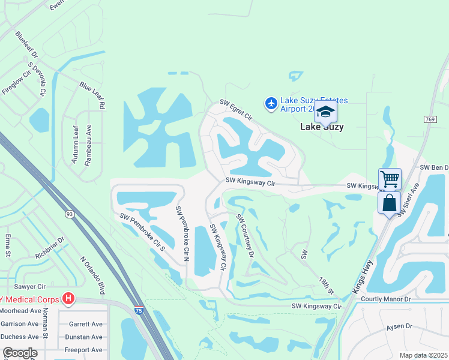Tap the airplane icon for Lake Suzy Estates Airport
tap(271, 104)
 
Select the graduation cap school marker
tap(325, 112)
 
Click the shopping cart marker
tap(390, 178)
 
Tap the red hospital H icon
tap(68, 298)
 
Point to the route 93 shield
tap(70, 214)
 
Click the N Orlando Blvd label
tap(92, 275)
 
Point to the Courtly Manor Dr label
tap(385, 298)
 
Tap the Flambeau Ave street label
tap(88, 138)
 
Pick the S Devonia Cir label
tap(37, 78)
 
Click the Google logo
tap(20, 353)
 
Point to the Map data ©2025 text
tap(423, 355)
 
